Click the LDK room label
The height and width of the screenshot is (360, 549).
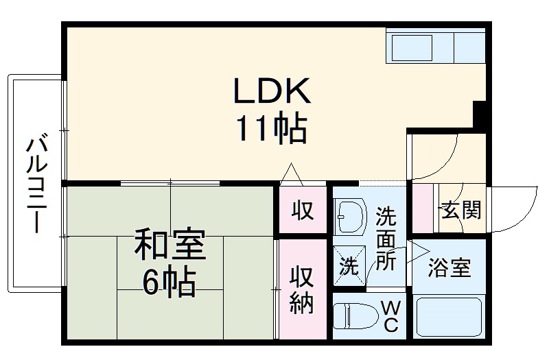[x=272, y=91]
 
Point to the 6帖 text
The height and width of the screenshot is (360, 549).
[x=169, y=281]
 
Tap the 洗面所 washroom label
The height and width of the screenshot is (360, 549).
[x=386, y=239]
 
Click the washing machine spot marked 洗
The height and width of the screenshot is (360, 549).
[x=349, y=265]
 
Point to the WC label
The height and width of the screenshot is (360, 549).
[x=388, y=315]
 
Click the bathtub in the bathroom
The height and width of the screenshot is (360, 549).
[x=450, y=317]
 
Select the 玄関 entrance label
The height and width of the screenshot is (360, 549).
[x=460, y=210]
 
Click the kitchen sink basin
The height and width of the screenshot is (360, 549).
[x=412, y=48]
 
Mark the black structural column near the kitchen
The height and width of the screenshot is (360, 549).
[x=480, y=113]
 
